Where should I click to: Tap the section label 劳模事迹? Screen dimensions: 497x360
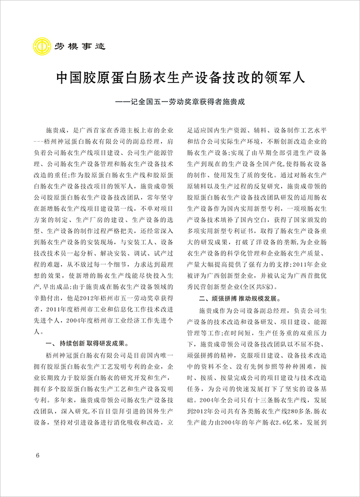79,46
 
